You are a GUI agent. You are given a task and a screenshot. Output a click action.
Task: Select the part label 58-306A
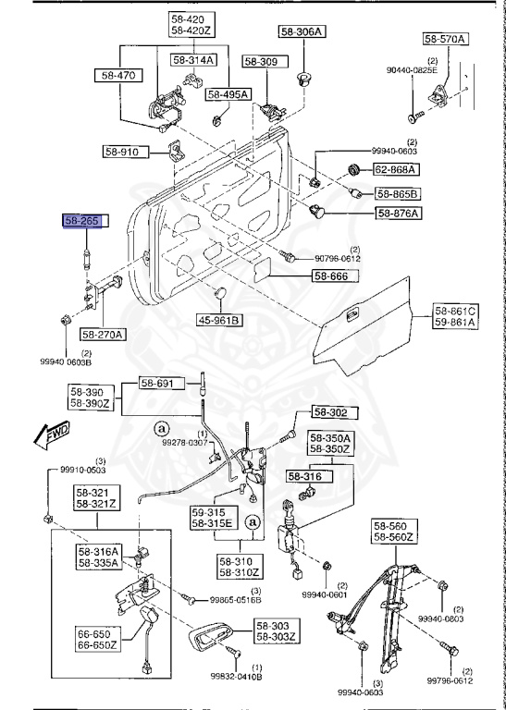[302, 32]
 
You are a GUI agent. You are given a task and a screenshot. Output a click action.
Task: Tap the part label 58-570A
[446, 39]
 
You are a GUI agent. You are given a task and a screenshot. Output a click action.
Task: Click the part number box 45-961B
[219, 321]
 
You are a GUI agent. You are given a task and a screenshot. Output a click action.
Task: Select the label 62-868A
[396, 170]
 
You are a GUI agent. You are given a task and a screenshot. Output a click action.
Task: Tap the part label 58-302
[328, 412]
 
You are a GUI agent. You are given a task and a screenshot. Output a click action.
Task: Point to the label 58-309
[261, 61]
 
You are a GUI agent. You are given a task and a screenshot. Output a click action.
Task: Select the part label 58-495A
[228, 93]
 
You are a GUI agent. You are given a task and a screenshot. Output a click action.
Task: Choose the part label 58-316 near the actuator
[305, 476]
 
